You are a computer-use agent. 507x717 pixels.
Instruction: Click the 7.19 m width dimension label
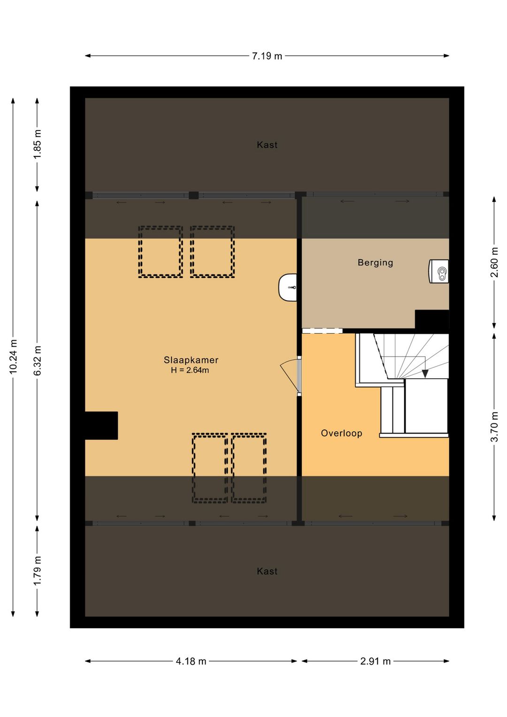267,56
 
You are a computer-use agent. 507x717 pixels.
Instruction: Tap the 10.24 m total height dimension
13,357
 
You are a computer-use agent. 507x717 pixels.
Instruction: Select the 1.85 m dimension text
38,144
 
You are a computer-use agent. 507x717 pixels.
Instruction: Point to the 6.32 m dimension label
38,360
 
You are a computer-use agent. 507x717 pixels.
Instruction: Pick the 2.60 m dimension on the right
494,263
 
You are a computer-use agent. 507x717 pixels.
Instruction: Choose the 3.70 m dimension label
494,427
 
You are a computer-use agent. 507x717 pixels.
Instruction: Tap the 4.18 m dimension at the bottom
191,661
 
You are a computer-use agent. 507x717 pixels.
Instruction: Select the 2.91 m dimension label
375,661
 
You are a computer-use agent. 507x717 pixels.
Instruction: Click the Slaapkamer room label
191,360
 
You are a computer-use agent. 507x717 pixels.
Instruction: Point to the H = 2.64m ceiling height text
190,370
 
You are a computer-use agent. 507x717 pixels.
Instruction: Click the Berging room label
375,263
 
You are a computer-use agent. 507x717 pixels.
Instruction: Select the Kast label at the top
267,145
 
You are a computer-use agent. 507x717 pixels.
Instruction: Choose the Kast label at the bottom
267,571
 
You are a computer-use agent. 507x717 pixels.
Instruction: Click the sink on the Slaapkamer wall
288,288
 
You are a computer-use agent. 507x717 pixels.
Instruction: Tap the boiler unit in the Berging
438,272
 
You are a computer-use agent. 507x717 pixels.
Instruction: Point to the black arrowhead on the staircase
425,374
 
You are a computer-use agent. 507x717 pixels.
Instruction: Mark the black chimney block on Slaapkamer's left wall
101,425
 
